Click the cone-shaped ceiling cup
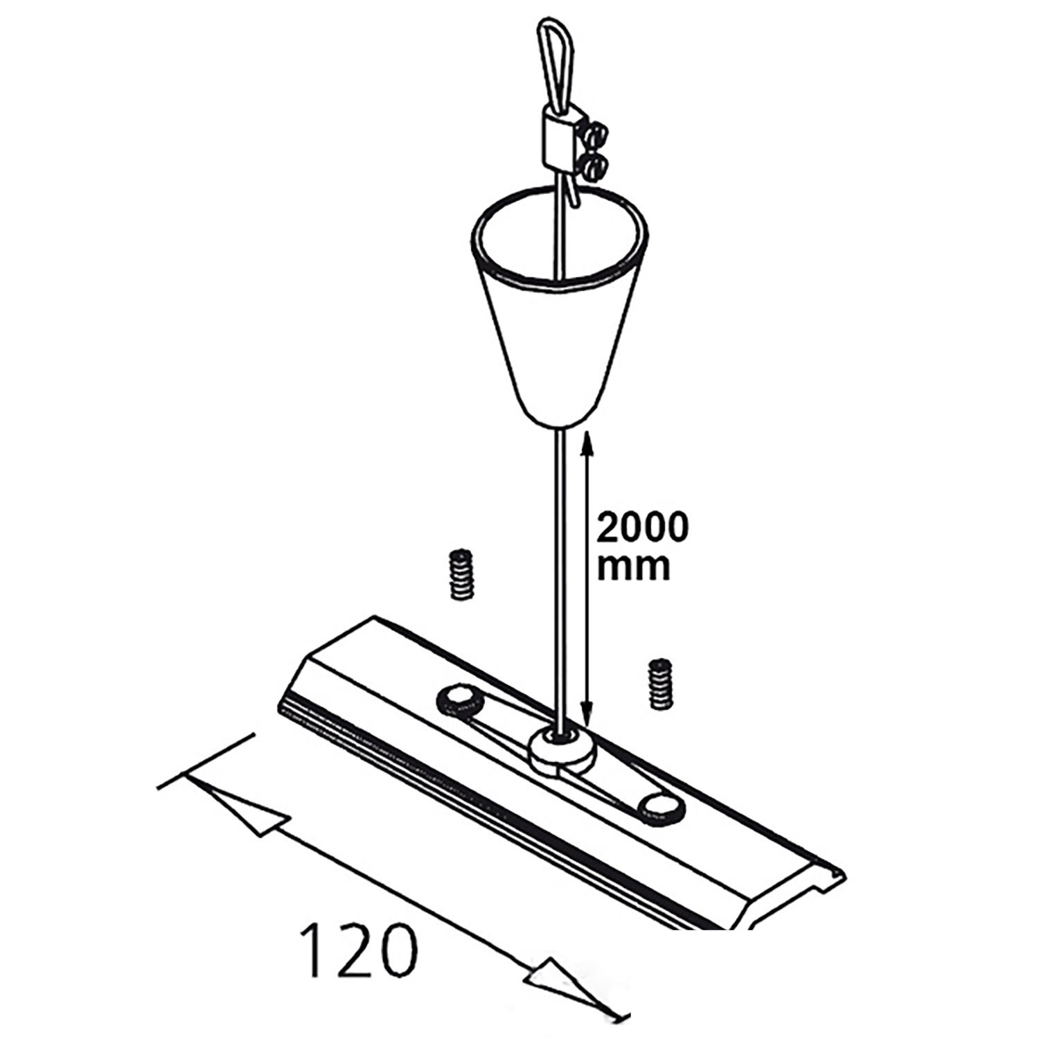tap(560, 305)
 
